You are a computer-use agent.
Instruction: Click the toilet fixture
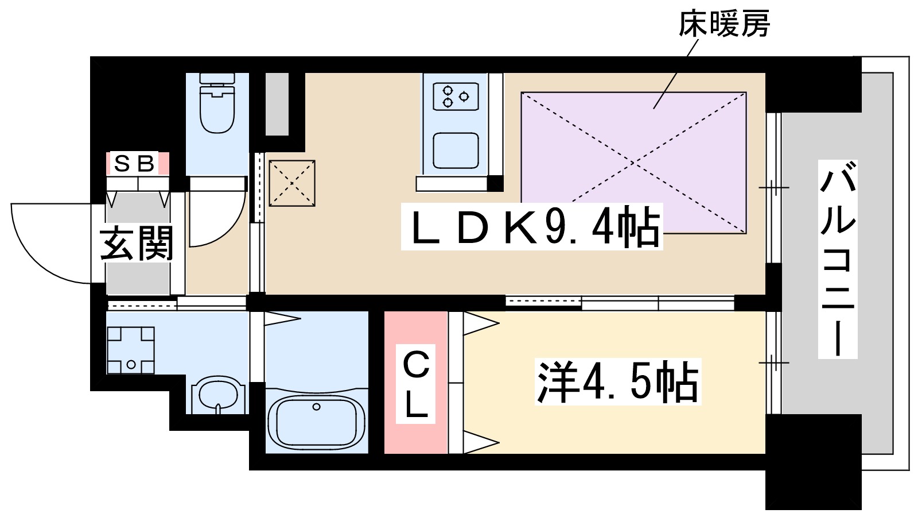(217, 106)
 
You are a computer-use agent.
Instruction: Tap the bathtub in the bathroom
(316, 422)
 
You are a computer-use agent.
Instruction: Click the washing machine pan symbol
(131, 350)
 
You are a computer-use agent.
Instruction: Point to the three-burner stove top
(456, 97)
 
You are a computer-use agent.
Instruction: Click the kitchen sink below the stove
(456, 151)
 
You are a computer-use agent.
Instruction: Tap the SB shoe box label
(135, 164)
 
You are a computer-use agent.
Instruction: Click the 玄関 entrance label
(137, 244)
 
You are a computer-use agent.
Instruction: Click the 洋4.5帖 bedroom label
(618, 382)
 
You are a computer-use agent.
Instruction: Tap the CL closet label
(416, 384)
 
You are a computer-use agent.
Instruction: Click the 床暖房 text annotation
(723, 24)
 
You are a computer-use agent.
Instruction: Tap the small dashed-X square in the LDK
(292, 183)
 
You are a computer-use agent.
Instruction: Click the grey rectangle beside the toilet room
(277, 104)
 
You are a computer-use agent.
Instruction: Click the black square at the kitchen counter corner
(495, 183)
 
